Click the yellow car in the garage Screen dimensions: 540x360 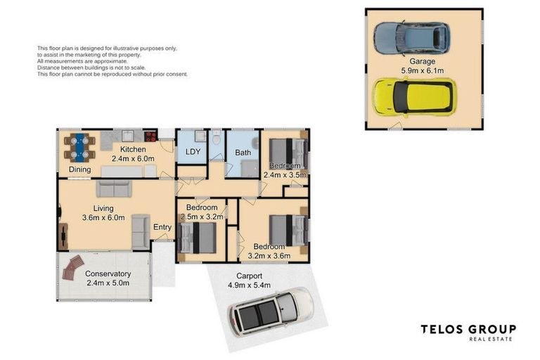pyautogui.click(x=415, y=98)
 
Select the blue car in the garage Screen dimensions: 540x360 pyautogui.click(x=412, y=37)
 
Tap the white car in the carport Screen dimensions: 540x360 pyautogui.click(x=271, y=311)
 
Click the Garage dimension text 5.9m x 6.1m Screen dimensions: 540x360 pyautogui.click(x=422, y=70)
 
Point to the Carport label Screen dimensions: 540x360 pyautogui.click(x=249, y=276)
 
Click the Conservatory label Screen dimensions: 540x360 pyautogui.click(x=108, y=274)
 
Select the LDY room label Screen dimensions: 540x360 pyautogui.click(x=193, y=152)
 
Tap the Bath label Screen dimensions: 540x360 pyautogui.click(x=243, y=153)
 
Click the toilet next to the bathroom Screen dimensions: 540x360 pyautogui.click(x=217, y=137)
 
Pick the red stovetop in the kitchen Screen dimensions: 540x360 pyautogui.click(x=150, y=136)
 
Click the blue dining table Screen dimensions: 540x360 pyautogui.click(x=79, y=148)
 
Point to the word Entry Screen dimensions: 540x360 pyautogui.click(x=162, y=227)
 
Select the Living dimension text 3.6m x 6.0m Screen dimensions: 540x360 pyautogui.click(x=103, y=218)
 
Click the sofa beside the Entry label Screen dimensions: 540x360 pyautogui.click(x=141, y=231)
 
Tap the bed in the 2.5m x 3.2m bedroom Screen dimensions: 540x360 pyautogui.click(x=197, y=238)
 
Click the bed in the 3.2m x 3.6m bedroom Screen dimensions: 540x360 pyautogui.click(x=288, y=231)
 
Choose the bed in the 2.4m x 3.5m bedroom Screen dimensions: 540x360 pyautogui.click(x=288, y=153)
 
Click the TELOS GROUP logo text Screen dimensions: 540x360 pyautogui.click(x=468, y=329)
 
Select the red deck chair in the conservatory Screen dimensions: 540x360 pyautogui.click(x=72, y=268)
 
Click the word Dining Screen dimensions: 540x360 pyautogui.click(x=80, y=169)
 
